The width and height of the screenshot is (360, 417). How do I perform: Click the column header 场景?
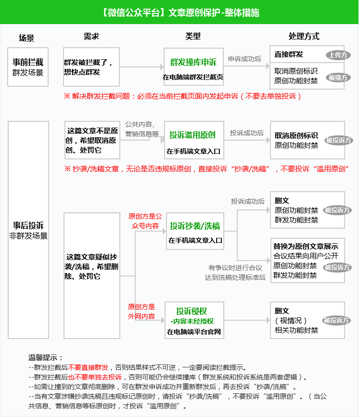pos(26,38)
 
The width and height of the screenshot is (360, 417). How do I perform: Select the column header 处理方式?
pos(304,36)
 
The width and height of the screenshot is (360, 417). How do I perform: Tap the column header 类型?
pos(193,36)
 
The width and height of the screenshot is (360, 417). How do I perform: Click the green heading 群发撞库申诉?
pos(193,62)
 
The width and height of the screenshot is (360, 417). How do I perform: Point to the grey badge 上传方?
pos(338,55)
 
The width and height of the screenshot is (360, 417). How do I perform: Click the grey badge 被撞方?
pos(338,78)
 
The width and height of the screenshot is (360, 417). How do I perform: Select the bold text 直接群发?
pos(289,54)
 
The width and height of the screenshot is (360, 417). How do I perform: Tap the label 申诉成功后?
pos(244,59)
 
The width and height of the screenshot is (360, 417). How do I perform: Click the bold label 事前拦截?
pos(28,62)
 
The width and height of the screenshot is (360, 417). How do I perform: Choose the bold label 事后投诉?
pos(28,225)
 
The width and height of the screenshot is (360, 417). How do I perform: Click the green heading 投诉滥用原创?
pos(193,135)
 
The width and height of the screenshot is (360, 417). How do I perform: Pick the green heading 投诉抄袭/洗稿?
pos(195,226)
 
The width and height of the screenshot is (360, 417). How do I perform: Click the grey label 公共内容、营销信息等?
pos(142,129)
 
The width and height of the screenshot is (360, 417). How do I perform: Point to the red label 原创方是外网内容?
pos(141,312)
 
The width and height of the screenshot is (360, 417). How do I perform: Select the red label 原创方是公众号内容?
pos(145,221)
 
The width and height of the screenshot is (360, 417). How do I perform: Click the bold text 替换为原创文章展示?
pos(306,246)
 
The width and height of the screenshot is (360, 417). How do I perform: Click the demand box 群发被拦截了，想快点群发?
pos(91,67)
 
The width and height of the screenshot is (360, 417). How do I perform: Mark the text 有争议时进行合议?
pos(235,267)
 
